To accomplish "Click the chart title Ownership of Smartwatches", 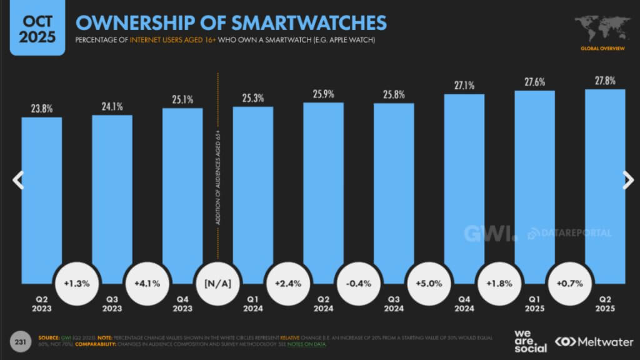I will (231, 22).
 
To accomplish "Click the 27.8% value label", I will (605, 81).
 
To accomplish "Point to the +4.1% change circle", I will (147, 283).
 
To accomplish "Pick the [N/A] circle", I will (217, 283).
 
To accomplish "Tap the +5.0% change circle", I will (428, 283).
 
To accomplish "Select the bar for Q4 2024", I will (464, 187).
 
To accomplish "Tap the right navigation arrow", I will (627, 180).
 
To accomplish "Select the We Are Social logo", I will (530, 340).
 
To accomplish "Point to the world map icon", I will (599, 28).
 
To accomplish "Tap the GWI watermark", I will (491, 233).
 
